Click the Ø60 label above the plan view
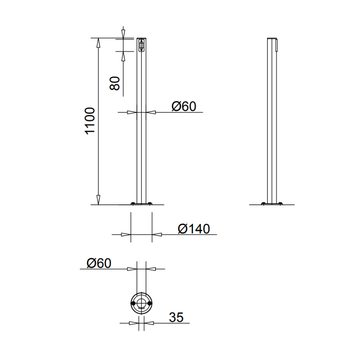coord(98,263)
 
